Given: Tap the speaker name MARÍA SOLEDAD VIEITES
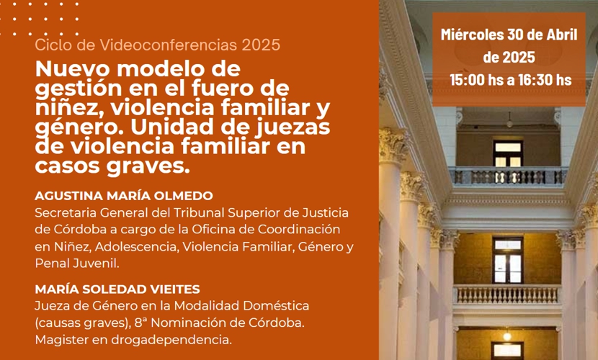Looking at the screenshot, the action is coord(117,289).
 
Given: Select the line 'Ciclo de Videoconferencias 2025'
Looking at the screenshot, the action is coord(158,45).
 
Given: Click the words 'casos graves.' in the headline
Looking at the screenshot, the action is coord(112,166).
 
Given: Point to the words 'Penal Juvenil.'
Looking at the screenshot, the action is coord(77,264).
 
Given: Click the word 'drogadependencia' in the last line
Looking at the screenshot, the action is coord(171,340).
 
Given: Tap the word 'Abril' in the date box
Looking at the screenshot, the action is coord(562,35).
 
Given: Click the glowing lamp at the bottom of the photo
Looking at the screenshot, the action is coord(506,336).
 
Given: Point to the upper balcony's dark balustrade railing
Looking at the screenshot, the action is coord(508,176).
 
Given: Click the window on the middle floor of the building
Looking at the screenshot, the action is coord(508,261).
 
